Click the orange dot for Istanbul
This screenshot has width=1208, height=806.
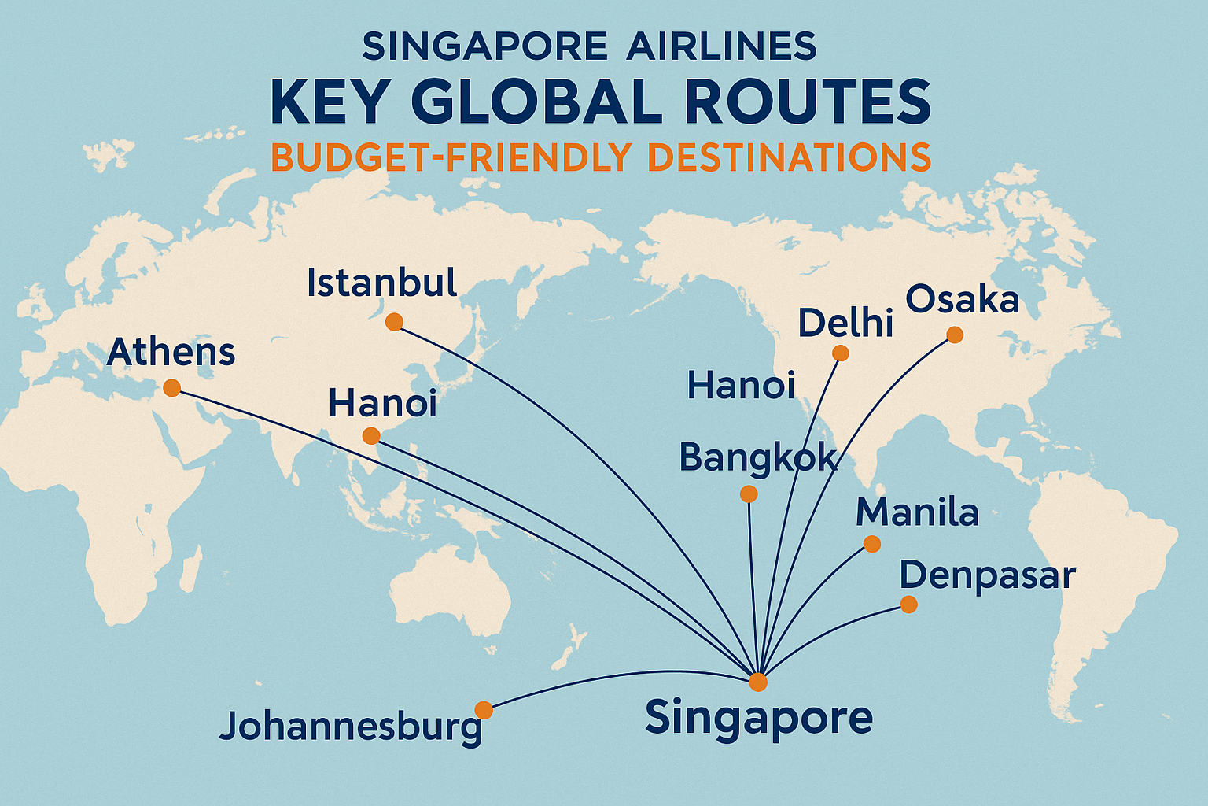(x=394, y=322)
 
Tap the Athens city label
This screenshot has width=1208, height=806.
(x=171, y=353)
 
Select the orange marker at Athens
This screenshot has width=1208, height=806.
(x=171, y=387)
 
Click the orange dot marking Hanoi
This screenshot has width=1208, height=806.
(x=370, y=436)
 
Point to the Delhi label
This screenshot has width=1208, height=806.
(x=845, y=323)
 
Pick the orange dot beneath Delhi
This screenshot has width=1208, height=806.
(x=840, y=353)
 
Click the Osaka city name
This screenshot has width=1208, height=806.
(x=962, y=300)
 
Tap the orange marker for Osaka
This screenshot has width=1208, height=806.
(x=954, y=335)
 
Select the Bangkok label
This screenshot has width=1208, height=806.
(x=757, y=458)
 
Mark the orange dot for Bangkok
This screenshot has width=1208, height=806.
(x=749, y=494)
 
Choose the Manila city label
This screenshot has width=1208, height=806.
(x=917, y=513)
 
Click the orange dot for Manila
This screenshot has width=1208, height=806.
(x=871, y=544)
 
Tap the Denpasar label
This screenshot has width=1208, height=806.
(x=987, y=576)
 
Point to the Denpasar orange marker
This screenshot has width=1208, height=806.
(x=908, y=604)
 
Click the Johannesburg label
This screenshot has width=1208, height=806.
(x=351, y=726)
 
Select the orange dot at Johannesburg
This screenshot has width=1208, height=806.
(x=484, y=710)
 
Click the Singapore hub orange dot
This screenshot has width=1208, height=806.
(x=757, y=682)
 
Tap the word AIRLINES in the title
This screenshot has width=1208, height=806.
(x=721, y=47)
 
